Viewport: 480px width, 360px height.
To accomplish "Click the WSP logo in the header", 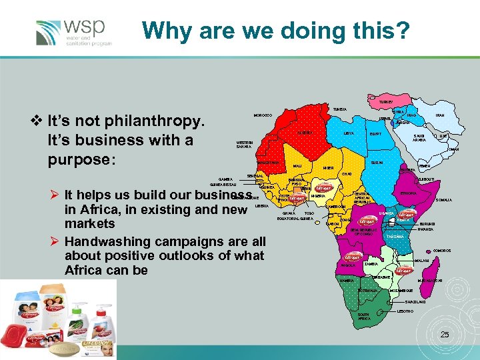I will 73,32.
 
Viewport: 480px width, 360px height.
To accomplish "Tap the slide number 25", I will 445,333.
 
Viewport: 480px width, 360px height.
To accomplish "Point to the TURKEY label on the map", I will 386,102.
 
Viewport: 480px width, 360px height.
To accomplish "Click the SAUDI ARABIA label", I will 419,137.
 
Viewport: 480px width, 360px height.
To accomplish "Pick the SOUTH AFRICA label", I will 363,317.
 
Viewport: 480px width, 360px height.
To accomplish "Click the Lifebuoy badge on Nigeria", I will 323,188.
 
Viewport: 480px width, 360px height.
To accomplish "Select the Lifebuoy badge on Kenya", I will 407,215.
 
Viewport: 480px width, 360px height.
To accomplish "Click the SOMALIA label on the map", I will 444,200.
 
